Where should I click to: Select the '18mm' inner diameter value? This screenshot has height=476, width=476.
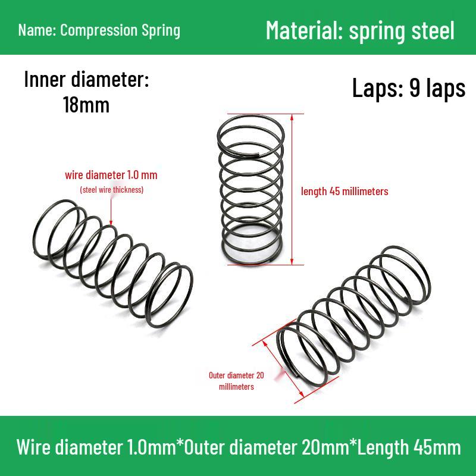(x=86, y=105)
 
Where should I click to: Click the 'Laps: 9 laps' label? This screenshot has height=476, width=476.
(x=408, y=88)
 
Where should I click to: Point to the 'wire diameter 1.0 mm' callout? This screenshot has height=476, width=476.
(x=111, y=176)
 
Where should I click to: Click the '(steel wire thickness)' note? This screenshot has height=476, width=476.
(x=112, y=190)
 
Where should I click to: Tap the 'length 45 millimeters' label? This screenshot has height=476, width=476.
(x=345, y=192)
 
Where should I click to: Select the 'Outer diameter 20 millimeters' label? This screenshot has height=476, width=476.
(x=236, y=381)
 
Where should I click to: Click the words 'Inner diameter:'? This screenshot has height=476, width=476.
(x=86, y=80)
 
